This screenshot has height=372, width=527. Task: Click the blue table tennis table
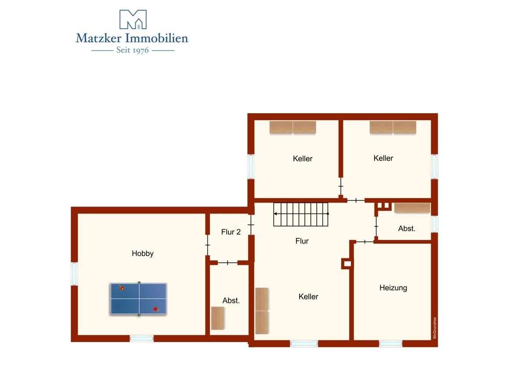[139, 299]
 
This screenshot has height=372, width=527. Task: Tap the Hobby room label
[143, 254]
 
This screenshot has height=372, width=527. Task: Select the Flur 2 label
[231, 232]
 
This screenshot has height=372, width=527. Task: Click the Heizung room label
[393, 288]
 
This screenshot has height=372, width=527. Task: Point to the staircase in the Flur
[301, 215]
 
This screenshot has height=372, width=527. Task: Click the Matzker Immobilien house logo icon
[133, 19]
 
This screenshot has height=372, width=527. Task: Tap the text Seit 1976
[133, 50]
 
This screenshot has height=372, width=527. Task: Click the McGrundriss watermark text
[434, 328]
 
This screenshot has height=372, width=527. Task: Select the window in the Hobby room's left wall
[74, 274]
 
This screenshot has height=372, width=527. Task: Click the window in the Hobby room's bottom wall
[141, 338]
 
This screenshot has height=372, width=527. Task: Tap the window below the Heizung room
[390, 344]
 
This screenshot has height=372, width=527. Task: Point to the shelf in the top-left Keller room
[292, 127]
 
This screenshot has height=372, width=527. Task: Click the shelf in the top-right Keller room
[393, 127]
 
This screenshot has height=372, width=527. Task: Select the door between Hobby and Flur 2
[207, 245]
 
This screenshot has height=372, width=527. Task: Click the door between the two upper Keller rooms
[341, 186]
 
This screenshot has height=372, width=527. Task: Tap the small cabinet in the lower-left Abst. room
[217, 318]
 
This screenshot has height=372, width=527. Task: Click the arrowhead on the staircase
[275, 214]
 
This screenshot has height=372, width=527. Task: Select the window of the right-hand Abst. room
[434, 224]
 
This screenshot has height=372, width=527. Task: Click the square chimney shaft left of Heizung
[347, 264]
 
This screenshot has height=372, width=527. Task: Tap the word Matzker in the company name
[98, 38]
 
